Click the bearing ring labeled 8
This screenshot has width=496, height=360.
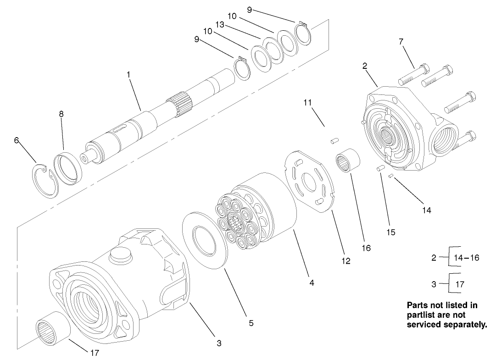(x=67, y=168)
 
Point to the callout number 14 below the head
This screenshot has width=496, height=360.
(x=427, y=210)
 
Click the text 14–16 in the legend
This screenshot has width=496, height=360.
(x=467, y=258)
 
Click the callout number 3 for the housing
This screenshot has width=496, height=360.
(x=219, y=343)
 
